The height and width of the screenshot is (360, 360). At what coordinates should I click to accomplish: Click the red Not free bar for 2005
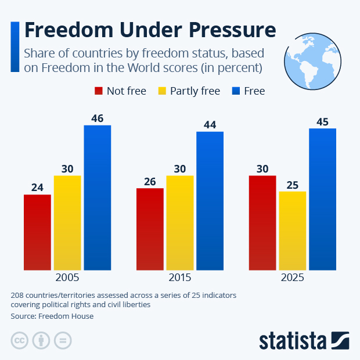pos(37,232)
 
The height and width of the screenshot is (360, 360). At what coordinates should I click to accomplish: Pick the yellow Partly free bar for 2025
pos(292,231)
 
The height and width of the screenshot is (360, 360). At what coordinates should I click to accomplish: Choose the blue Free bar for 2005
pos(98,197)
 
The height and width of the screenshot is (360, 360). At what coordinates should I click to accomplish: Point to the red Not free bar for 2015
pos(150,229)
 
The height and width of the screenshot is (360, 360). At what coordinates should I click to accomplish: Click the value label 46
pos(98,118)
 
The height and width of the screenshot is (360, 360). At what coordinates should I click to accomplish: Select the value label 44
pos(210,125)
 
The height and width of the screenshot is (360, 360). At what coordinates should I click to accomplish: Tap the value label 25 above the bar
pos(292,185)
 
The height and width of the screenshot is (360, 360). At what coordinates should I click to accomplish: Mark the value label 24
pos(37,188)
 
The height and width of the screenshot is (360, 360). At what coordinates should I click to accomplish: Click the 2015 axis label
pos(180,278)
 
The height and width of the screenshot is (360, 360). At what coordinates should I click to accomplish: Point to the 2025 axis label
pos(292,278)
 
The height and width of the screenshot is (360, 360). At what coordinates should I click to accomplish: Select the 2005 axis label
pos(67,278)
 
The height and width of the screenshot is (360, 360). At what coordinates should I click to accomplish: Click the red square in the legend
pos(99,91)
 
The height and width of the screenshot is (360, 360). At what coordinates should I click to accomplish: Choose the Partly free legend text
pos(195,91)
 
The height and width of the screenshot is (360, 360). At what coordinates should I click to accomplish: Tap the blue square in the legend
pos(236,91)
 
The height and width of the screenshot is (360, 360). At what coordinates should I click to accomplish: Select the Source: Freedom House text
pos(52,316)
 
